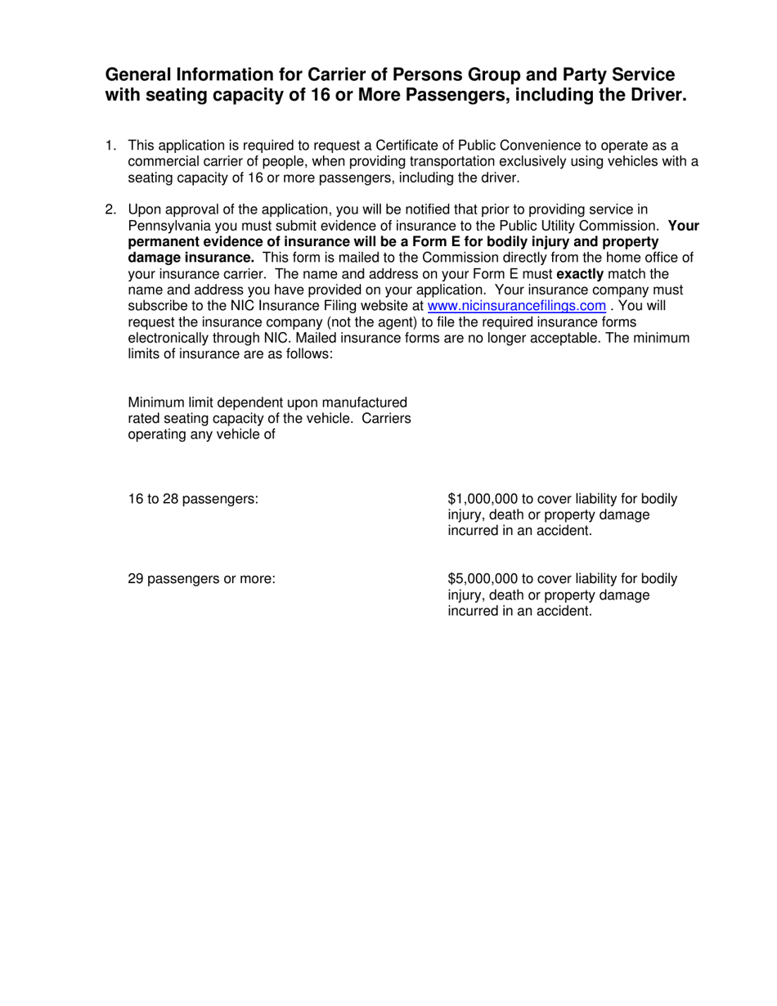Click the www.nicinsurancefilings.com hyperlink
[x=517, y=306]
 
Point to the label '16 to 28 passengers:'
[x=193, y=499]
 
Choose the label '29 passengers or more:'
[x=201, y=579]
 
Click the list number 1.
[x=110, y=146]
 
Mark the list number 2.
[x=110, y=209]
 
